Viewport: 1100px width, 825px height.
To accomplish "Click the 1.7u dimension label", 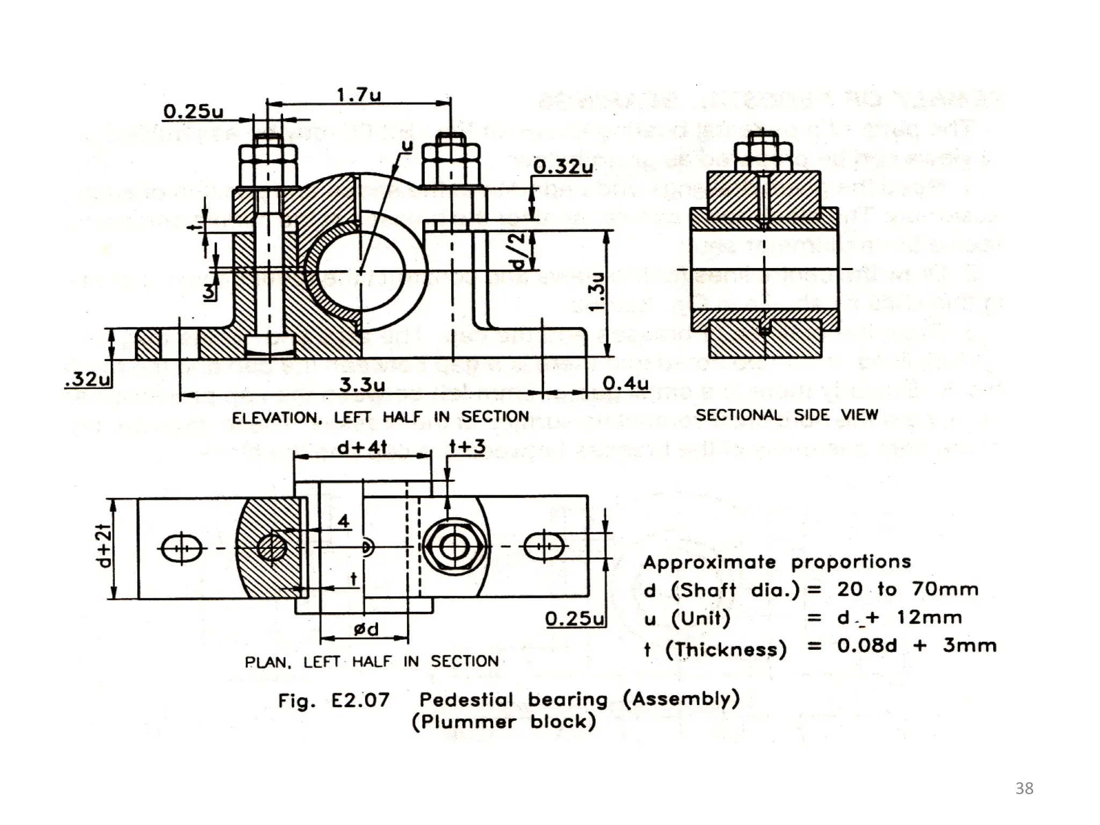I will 359,96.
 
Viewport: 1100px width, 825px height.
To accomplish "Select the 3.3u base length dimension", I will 362,385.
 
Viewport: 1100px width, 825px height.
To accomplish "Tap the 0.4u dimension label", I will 625,383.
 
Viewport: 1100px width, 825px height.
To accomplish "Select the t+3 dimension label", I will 467,446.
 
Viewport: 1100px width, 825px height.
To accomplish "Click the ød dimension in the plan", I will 366,628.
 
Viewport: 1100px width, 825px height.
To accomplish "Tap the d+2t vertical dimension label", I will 104,547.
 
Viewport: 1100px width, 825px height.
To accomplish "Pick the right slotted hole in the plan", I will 544,547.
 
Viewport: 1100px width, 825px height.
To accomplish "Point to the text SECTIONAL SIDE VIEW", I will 786,415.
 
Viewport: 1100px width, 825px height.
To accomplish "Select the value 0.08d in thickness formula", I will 866,645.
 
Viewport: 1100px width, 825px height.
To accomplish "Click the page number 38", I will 1024,788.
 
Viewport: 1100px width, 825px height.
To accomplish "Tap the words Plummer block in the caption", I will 504,722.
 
